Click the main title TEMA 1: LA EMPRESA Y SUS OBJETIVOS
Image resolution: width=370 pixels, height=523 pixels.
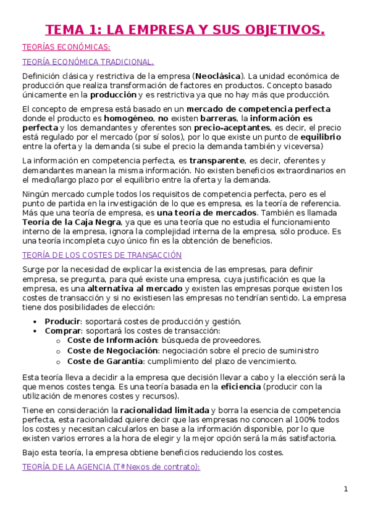pos(185,30)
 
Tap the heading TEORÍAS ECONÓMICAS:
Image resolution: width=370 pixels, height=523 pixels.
pos(66,47)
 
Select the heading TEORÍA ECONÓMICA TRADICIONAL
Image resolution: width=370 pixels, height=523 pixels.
pos(88,62)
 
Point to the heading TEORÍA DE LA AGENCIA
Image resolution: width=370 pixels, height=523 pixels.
pos(111,467)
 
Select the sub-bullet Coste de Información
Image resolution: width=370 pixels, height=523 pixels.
pos(112,340)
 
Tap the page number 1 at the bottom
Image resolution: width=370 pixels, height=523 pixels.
pos(346,489)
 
